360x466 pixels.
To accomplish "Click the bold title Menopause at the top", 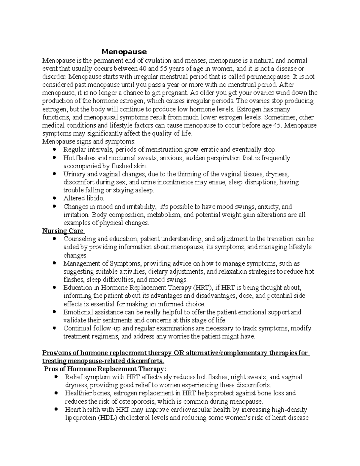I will (x=124, y=52).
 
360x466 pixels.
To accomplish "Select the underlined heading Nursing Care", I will (x=63, y=231).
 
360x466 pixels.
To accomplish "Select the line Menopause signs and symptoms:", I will (x=89, y=141).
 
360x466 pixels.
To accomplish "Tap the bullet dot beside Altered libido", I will (x=54, y=198).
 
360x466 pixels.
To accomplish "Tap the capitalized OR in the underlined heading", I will (x=178, y=353).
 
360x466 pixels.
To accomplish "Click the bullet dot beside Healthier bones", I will (x=56, y=393).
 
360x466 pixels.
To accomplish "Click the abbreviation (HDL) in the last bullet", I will (x=108, y=418).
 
